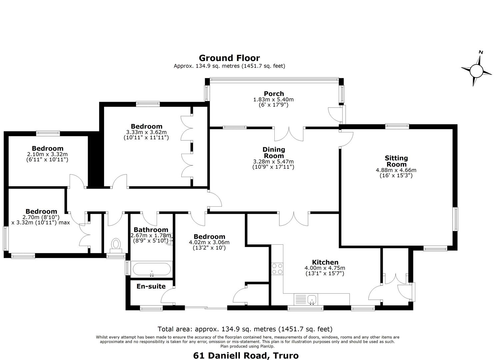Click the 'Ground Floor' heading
229,58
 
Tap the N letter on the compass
481,52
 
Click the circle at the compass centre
476,71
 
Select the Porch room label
274,94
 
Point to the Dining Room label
274,152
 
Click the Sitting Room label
396,161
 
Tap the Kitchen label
325,262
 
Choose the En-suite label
151,286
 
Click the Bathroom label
151,230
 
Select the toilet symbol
116,246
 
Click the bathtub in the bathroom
152,269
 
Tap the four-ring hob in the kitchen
277,269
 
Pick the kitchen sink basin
312,299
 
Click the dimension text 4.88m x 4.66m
396,170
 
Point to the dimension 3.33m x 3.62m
146,132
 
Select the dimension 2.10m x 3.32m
47,154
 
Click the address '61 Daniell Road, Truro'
246,349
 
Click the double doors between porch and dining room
289,134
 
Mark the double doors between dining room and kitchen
294,219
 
